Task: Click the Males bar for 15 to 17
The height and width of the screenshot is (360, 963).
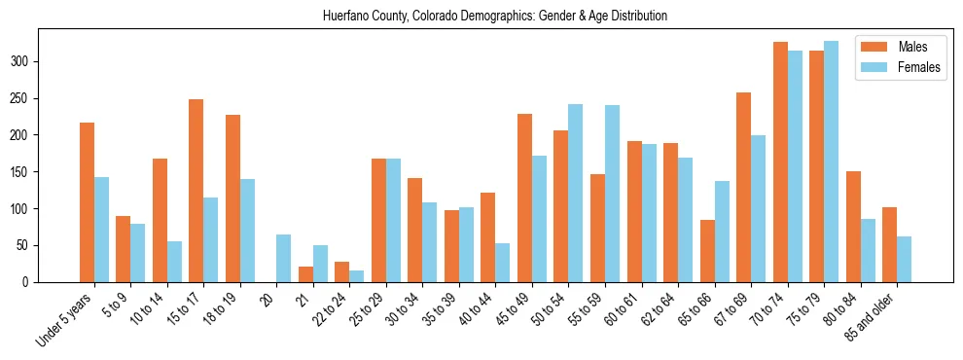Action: click(x=196, y=191)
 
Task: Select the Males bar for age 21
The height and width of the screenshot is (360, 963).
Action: click(x=305, y=274)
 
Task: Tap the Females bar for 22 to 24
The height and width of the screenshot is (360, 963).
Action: click(x=357, y=276)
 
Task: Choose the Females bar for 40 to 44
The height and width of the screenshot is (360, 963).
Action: click(x=503, y=263)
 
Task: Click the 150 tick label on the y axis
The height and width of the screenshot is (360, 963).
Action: click(x=28, y=172)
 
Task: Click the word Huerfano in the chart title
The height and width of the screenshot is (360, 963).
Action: click(x=346, y=17)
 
